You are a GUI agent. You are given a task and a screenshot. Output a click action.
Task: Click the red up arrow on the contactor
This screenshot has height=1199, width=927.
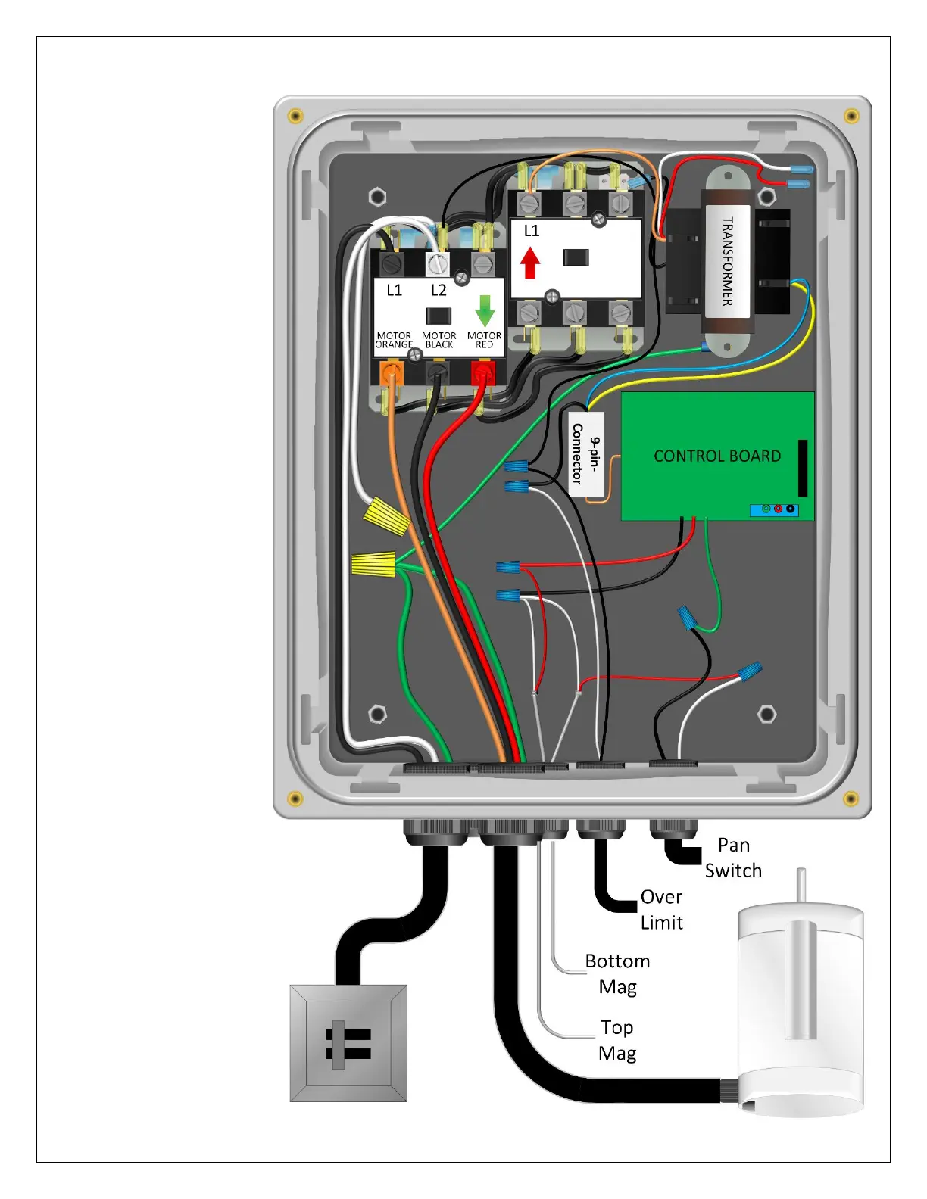530,263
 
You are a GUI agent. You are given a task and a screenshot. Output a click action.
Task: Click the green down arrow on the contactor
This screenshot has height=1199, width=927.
485,310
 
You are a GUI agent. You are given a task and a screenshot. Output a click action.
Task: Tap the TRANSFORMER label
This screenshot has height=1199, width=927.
727,261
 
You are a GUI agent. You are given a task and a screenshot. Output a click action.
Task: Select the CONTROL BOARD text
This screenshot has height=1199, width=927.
717,456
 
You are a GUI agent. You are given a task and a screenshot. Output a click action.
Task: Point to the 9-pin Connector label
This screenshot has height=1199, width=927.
586,453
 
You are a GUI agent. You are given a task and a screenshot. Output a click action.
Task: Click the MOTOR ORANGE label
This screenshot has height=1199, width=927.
394,340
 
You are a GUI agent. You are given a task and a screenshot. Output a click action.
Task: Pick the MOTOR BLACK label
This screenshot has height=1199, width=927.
439,340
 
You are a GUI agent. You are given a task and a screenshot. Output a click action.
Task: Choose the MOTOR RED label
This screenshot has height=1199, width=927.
484,340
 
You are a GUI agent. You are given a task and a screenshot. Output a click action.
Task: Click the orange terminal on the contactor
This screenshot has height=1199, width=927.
391,372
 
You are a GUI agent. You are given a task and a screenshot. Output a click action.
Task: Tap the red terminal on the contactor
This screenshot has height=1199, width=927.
482,372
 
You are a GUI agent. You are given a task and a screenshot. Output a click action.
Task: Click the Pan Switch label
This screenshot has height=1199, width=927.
733,858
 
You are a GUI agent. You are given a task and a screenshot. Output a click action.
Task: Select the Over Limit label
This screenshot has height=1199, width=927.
661,909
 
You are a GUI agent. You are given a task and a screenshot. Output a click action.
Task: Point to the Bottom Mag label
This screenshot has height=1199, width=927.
617,973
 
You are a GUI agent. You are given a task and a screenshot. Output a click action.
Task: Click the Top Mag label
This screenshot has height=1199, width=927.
617,1040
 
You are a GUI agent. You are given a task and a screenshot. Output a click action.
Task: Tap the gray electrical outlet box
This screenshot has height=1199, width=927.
348,1043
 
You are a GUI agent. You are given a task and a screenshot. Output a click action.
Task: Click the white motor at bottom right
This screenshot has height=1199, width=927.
801,1007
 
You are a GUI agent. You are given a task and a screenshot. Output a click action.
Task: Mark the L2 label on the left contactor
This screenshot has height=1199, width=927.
439,290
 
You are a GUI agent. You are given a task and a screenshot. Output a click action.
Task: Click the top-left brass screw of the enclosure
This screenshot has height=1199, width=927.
296,116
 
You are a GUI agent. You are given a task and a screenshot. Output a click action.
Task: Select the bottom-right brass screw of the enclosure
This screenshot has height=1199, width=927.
851,799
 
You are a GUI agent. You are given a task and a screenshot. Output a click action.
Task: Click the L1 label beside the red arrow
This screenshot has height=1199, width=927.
532,231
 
